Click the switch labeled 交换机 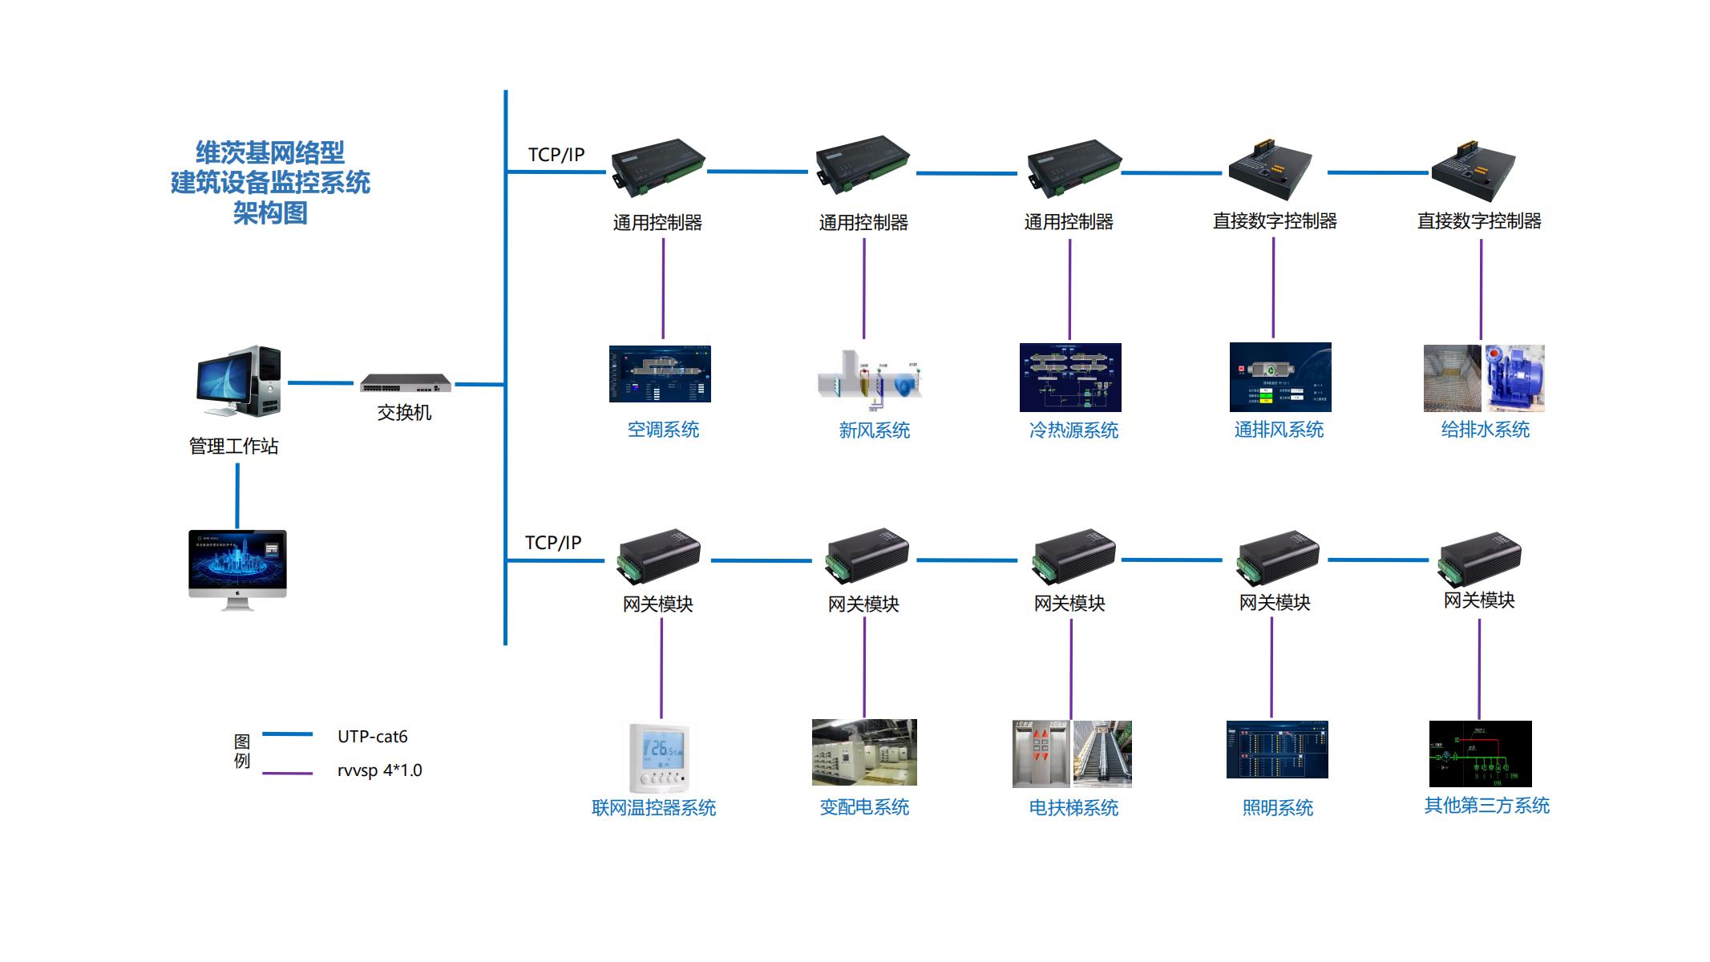pos(405,383)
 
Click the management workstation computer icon pos(239,382)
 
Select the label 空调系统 pos(663,430)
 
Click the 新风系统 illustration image pos(870,374)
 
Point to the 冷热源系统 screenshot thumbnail pos(1070,378)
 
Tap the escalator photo pos(1102,754)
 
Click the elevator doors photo pos(1041,754)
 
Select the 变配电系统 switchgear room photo pos(864,752)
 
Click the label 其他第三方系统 pos(1486,806)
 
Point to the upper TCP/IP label pos(556,155)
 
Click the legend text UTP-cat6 pos(372,736)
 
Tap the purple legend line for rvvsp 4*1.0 pos(288,774)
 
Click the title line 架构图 pos(270,213)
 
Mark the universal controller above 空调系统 pos(658,168)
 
